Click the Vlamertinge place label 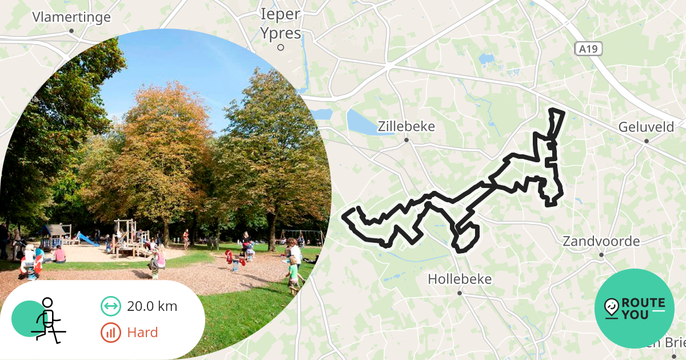pyautogui.click(x=71, y=17)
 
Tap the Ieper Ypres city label pyautogui.click(x=280, y=24)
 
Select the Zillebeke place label pyautogui.click(x=406, y=126)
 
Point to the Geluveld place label pyautogui.click(x=646, y=127)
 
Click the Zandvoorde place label pyautogui.click(x=601, y=241)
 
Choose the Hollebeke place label pyautogui.click(x=460, y=279)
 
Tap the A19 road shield pyautogui.click(x=588, y=49)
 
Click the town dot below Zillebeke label pyautogui.click(x=406, y=140)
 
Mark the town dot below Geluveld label pyautogui.click(x=647, y=141)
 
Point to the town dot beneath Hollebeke pyautogui.click(x=460, y=293)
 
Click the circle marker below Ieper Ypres pyautogui.click(x=281, y=48)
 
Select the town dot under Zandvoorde pyautogui.click(x=601, y=255)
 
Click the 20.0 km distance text pyautogui.click(x=152, y=306)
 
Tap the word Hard pyautogui.click(x=142, y=332)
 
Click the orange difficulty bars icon pyautogui.click(x=110, y=332)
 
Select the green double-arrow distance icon pyautogui.click(x=110, y=306)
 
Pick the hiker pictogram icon pyautogui.click(x=47, y=320)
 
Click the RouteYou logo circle pyautogui.click(x=635, y=309)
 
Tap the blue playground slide pyautogui.click(x=87, y=238)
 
